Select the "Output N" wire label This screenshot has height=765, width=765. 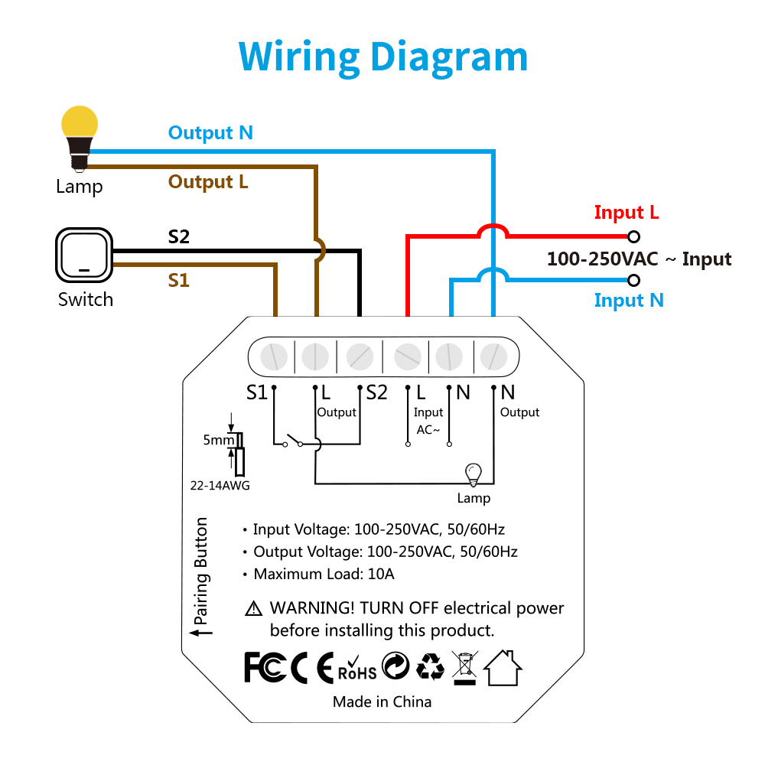[x=210, y=132]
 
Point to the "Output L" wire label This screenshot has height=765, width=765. [x=208, y=182]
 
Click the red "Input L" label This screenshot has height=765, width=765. [x=627, y=213]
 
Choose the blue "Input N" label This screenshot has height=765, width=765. [x=629, y=300]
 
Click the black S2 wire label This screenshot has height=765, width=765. [x=178, y=237]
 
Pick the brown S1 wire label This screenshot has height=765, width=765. [x=178, y=281]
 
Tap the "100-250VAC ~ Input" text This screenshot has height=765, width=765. [x=639, y=259]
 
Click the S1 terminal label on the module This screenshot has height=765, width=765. [x=257, y=392]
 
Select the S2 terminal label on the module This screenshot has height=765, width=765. [x=376, y=392]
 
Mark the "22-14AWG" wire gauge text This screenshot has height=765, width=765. [x=220, y=485]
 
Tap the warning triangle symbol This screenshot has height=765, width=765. [x=253, y=609]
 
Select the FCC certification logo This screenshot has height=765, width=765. [x=265, y=667]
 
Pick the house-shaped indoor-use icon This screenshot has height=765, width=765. [x=503, y=667]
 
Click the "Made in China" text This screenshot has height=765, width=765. [x=382, y=702]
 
